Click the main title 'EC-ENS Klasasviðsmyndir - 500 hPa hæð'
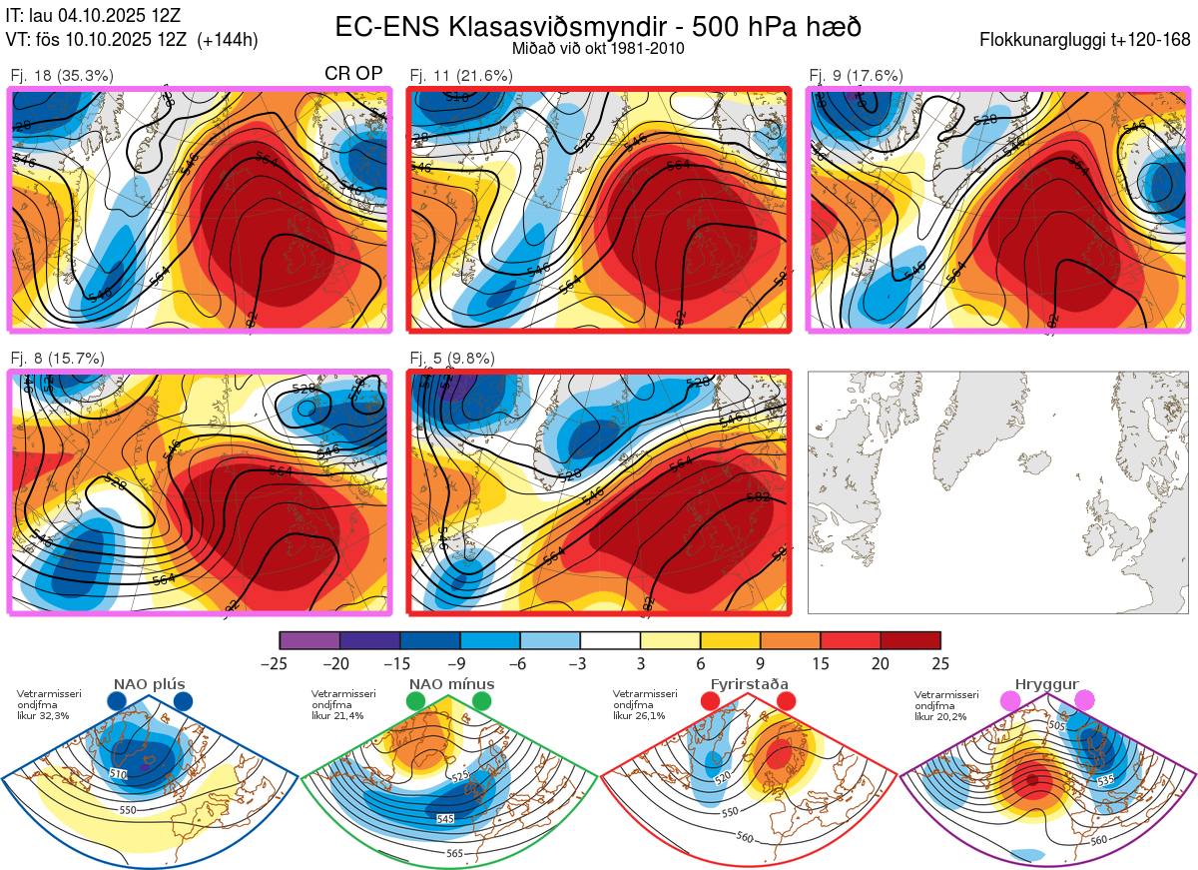[598, 27]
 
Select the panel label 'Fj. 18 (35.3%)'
[62, 75]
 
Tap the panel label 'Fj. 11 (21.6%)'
[461, 75]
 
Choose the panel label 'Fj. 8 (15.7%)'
[57, 359]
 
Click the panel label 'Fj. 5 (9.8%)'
[452, 359]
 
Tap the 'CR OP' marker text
[354, 74]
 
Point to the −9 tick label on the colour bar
[460, 663]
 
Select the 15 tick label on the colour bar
[821, 663]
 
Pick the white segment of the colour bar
[610, 640]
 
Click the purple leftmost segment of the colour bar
[309, 640]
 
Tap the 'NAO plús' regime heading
[150, 684]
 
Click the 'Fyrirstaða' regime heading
[747, 684]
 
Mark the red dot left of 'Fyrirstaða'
[710, 702]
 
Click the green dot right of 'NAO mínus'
[483, 702]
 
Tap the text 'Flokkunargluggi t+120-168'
[1085, 41]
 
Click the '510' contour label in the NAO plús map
[119, 773]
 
